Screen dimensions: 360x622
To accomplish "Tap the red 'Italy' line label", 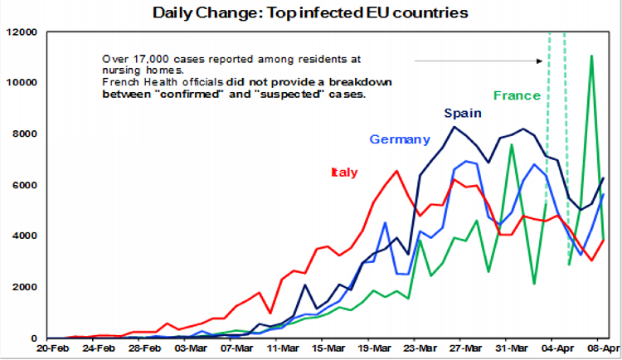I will coord(344,173).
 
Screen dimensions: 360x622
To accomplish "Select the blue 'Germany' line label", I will coord(400,139).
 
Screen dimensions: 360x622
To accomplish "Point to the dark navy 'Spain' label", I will coord(460,113).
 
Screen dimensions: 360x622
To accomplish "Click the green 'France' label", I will coord(517,95).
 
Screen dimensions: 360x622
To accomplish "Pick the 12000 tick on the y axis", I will coord(22,32).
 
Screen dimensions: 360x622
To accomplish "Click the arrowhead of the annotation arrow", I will coord(540,61).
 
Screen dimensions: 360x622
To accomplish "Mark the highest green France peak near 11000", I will coord(590,56).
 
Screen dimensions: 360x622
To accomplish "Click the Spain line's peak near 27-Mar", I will coord(454,127).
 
